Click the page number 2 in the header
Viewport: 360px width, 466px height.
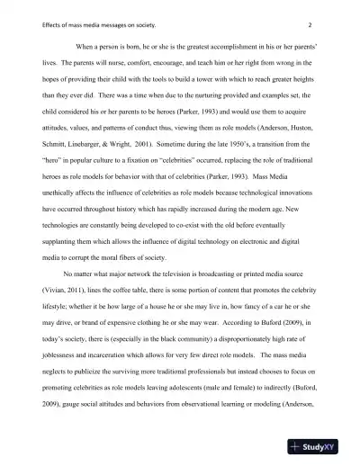[309, 25]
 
